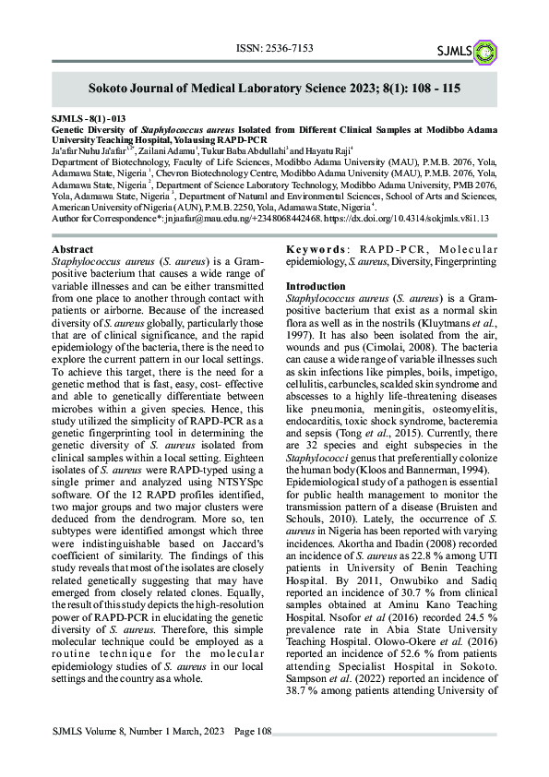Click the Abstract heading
click(x=72, y=250)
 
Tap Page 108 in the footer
click(x=253, y=732)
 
